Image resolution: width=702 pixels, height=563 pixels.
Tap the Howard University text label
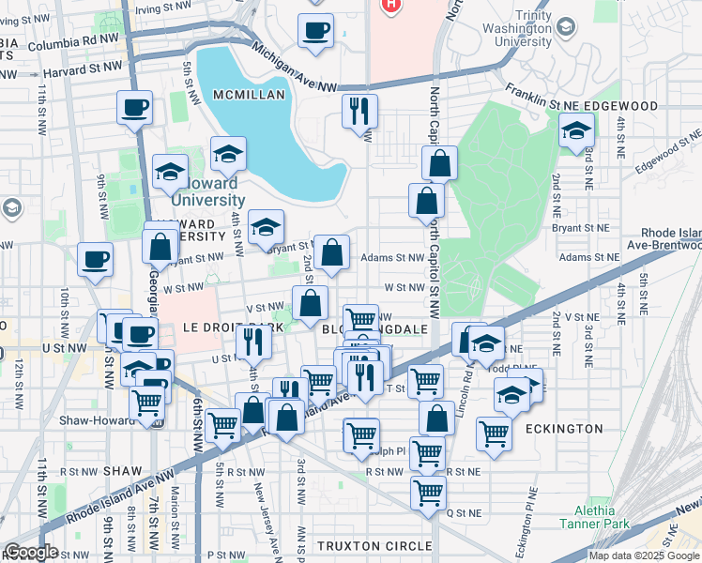point(208,192)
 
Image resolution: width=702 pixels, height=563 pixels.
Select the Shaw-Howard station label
point(98,420)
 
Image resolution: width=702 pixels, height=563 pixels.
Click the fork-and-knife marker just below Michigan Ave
point(359,112)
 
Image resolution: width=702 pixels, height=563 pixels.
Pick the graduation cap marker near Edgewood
point(575,130)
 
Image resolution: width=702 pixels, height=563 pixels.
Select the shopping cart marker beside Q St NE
point(428,490)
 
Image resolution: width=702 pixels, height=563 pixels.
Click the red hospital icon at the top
point(389,5)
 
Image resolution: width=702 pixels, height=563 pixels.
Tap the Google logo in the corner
point(30,552)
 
